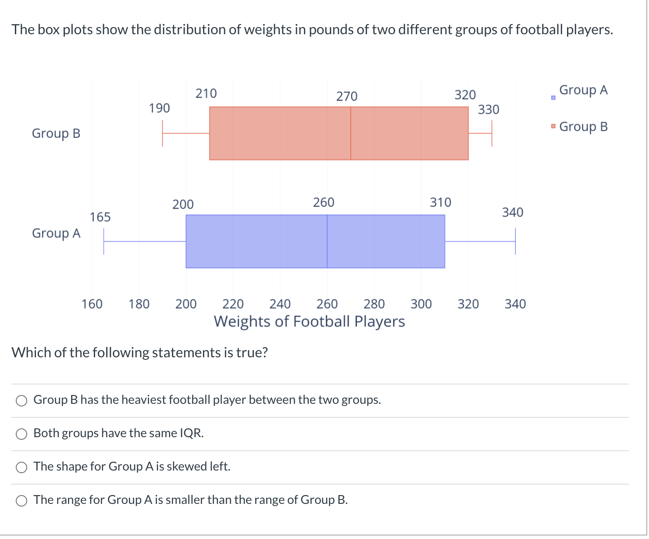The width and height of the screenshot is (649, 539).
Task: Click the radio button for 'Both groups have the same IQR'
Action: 21,434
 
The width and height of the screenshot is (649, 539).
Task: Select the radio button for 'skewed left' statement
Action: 21,467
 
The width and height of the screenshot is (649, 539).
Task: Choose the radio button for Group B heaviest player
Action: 21,400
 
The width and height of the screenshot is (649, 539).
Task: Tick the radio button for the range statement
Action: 21,500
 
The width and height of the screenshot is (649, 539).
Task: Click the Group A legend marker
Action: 553,97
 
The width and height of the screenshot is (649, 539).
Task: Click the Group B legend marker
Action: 553,127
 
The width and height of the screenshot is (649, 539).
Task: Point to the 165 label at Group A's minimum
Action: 100,217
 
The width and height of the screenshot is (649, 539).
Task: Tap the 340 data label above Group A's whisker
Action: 513,212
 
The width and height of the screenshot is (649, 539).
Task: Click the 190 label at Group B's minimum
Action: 159,108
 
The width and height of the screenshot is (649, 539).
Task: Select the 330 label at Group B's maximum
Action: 489,109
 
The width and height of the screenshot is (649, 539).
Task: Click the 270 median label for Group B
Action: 347,96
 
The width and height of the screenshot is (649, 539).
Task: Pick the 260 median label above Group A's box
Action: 324,202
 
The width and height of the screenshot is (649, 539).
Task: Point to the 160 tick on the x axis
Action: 92,304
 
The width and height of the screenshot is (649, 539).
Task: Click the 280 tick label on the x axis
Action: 374,304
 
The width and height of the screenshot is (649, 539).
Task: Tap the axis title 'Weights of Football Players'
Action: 309,321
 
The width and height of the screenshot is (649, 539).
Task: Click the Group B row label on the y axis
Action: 56,133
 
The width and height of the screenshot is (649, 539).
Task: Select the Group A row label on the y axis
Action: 56,233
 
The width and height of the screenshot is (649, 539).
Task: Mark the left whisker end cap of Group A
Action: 104,241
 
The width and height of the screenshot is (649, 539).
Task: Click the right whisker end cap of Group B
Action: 492,133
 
